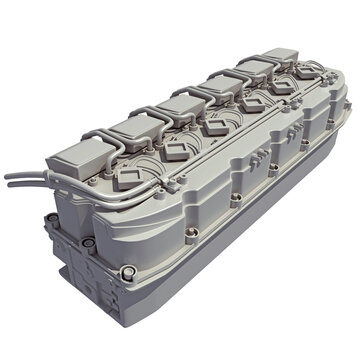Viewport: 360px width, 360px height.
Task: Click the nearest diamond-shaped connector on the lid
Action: click(x=130, y=178)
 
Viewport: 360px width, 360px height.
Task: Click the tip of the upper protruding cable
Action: click(x=8, y=173)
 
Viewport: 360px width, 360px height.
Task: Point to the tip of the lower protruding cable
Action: click(x=8, y=182)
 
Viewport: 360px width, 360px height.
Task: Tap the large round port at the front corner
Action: click(x=127, y=272)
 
